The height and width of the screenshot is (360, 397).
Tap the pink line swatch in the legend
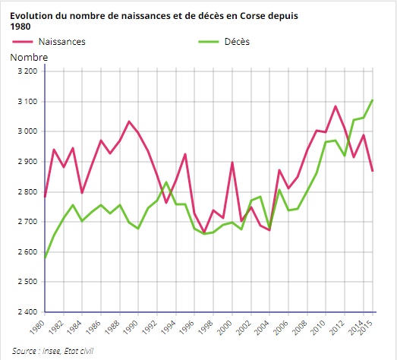pyautogui.click(x=27, y=42)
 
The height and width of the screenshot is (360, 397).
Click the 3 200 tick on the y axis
pyautogui.click(x=27, y=71)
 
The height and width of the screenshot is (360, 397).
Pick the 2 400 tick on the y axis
pyautogui.click(x=27, y=312)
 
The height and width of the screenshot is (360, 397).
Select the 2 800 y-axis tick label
pyautogui.click(x=27, y=192)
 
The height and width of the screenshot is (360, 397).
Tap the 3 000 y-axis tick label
pyautogui.click(x=27, y=131)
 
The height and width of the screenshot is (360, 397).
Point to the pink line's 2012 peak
pyautogui.click(x=336, y=106)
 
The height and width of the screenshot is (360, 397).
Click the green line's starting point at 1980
pyautogui.click(x=46, y=257)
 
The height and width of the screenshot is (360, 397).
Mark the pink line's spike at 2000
pyautogui.click(x=232, y=163)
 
